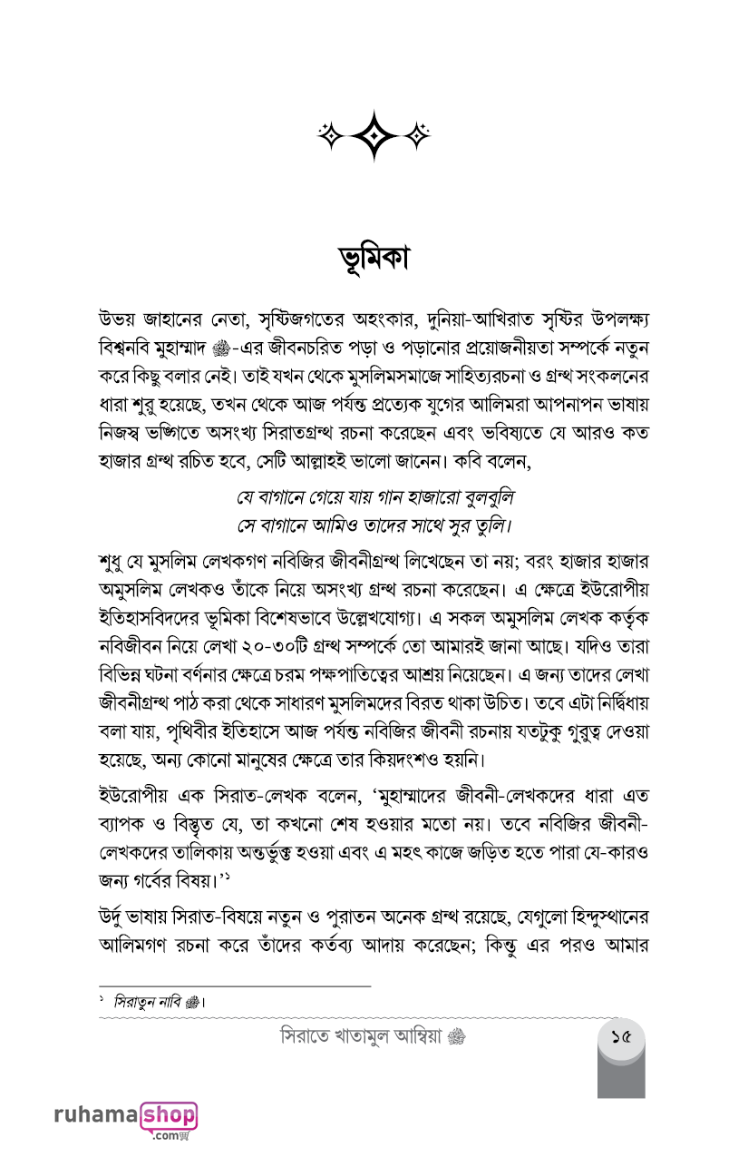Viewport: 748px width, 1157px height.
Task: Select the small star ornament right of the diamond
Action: [x=416, y=135]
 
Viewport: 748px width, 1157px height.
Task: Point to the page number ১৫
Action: [x=621, y=1035]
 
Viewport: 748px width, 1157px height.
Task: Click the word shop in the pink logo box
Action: [x=169, y=1114]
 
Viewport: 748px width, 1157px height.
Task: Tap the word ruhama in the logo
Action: [x=95, y=1115]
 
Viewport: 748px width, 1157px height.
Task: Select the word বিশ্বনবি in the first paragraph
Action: [x=130, y=349]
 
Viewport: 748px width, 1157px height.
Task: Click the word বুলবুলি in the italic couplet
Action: [x=484, y=499]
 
